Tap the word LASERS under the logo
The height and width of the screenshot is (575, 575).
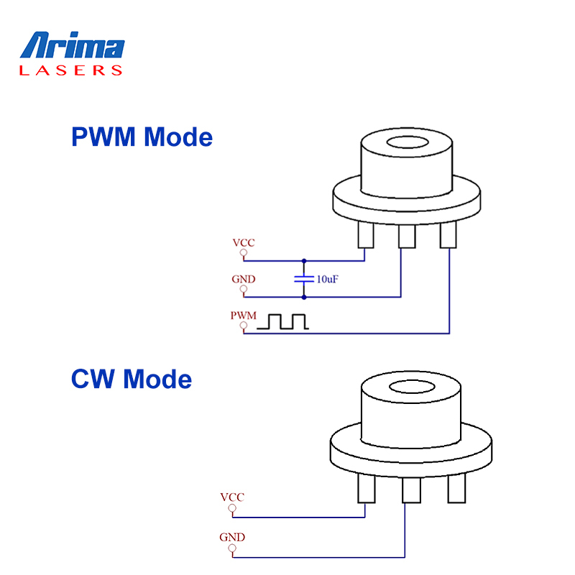click(71, 70)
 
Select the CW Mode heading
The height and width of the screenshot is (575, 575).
click(132, 378)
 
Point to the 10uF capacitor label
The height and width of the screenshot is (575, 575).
click(327, 278)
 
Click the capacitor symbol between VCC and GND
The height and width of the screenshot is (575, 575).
click(304, 278)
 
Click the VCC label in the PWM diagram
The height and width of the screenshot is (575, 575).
click(243, 242)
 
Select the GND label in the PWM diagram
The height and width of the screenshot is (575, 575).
click(243, 279)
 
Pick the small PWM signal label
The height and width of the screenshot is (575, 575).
click(243, 316)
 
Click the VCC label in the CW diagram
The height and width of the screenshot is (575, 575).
click(232, 497)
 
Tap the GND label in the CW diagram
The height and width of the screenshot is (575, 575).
click(232, 537)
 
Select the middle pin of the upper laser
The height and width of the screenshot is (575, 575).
click(407, 235)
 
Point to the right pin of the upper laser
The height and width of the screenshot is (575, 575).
click(448, 234)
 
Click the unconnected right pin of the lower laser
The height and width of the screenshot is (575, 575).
click(456, 489)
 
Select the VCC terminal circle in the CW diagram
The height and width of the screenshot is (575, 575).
click(231, 510)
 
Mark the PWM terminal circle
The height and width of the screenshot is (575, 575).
click(244, 327)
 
